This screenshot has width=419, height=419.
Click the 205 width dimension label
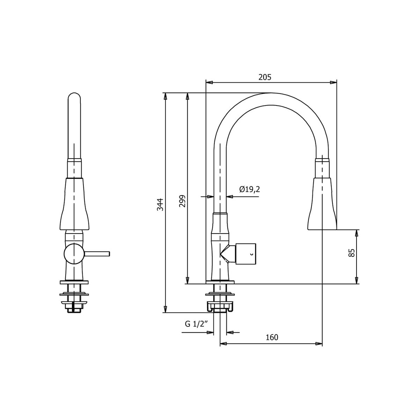click(x=265, y=77)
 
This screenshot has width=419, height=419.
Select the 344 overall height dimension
click(x=160, y=204)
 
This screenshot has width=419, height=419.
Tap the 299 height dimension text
click(x=182, y=201)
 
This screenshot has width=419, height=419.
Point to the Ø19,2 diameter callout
click(x=249, y=189)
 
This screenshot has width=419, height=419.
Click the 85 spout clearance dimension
click(x=352, y=253)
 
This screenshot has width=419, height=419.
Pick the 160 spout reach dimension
click(x=272, y=337)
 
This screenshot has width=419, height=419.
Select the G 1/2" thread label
click(x=197, y=324)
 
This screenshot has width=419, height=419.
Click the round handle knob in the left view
click(x=74, y=254)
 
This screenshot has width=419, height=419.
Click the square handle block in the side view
click(x=246, y=253)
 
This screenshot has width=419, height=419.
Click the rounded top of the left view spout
click(x=74, y=96)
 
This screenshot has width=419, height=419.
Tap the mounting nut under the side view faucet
click(x=220, y=307)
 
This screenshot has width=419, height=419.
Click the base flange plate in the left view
click(x=74, y=281)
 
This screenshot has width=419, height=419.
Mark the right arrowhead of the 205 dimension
click(x=334, y=83)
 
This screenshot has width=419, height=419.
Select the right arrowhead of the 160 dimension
click(x=319, y=344)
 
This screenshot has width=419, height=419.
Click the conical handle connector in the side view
click(x=228, y=253)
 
